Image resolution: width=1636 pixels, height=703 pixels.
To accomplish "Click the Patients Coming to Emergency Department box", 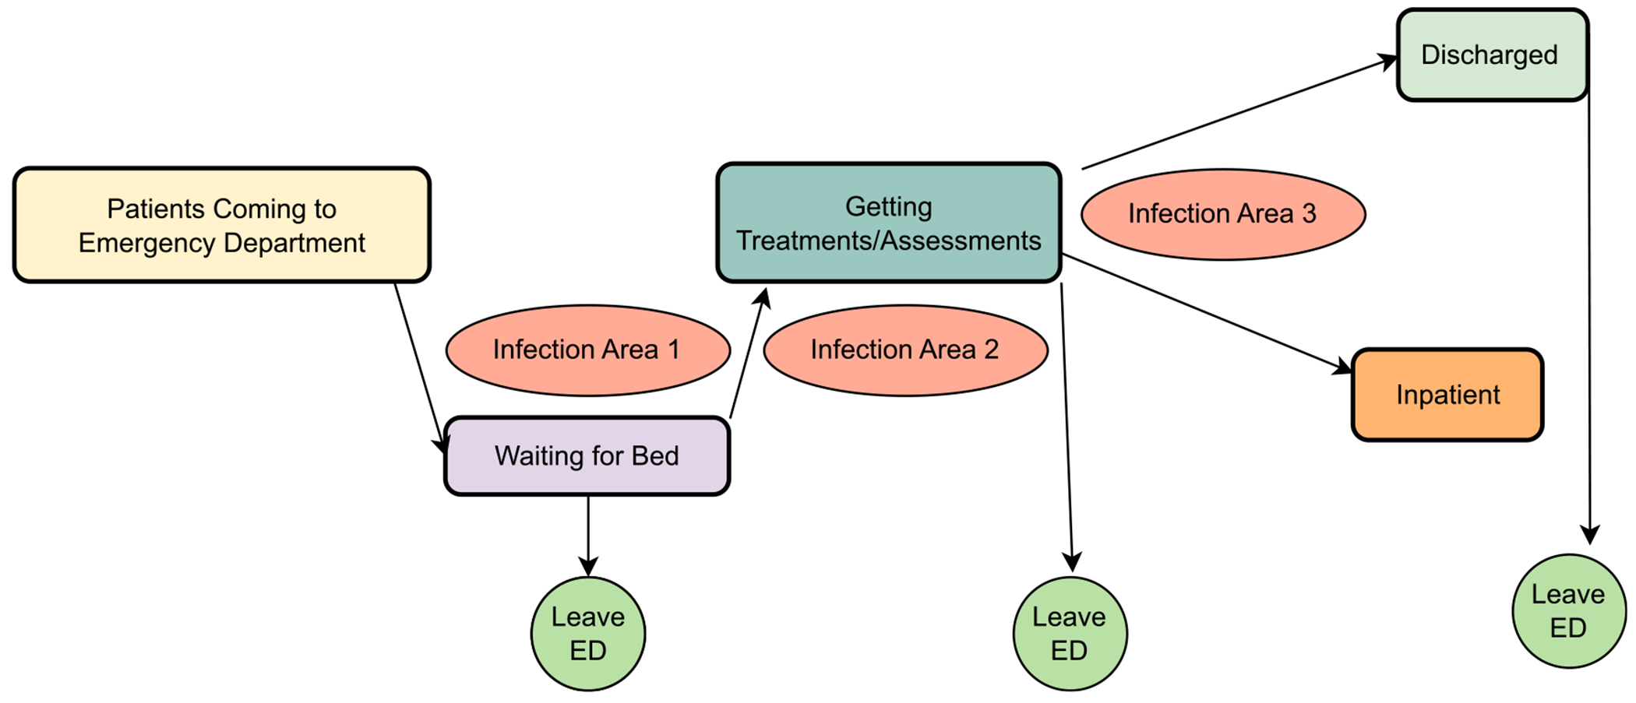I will point(221,225).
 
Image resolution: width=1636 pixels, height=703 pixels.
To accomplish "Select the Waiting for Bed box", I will point(587,456).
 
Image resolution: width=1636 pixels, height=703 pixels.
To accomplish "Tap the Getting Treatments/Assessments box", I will point(888,223).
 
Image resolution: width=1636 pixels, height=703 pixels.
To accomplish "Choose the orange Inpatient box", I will point(1447,395).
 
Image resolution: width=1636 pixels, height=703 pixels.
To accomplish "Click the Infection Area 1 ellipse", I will point(587,350).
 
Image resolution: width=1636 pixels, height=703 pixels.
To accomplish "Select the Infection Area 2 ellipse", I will point(905,350).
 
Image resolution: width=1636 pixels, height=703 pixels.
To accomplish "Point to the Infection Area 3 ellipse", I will point(1222,214).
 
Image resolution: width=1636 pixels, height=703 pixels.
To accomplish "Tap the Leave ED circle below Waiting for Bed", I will point(588,634).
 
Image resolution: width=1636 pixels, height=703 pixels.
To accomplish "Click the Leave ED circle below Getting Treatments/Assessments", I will point(1070,634).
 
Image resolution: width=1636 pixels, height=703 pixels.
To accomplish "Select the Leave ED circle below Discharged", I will point(1568,611).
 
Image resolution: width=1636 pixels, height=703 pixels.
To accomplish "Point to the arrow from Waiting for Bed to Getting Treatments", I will point(748,355).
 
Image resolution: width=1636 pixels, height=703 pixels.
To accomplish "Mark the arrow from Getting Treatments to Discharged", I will point(1239,112).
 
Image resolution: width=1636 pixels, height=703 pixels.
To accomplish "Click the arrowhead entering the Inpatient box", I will point(1343,366).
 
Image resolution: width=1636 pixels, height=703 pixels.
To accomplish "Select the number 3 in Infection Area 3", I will point(1309,213).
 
